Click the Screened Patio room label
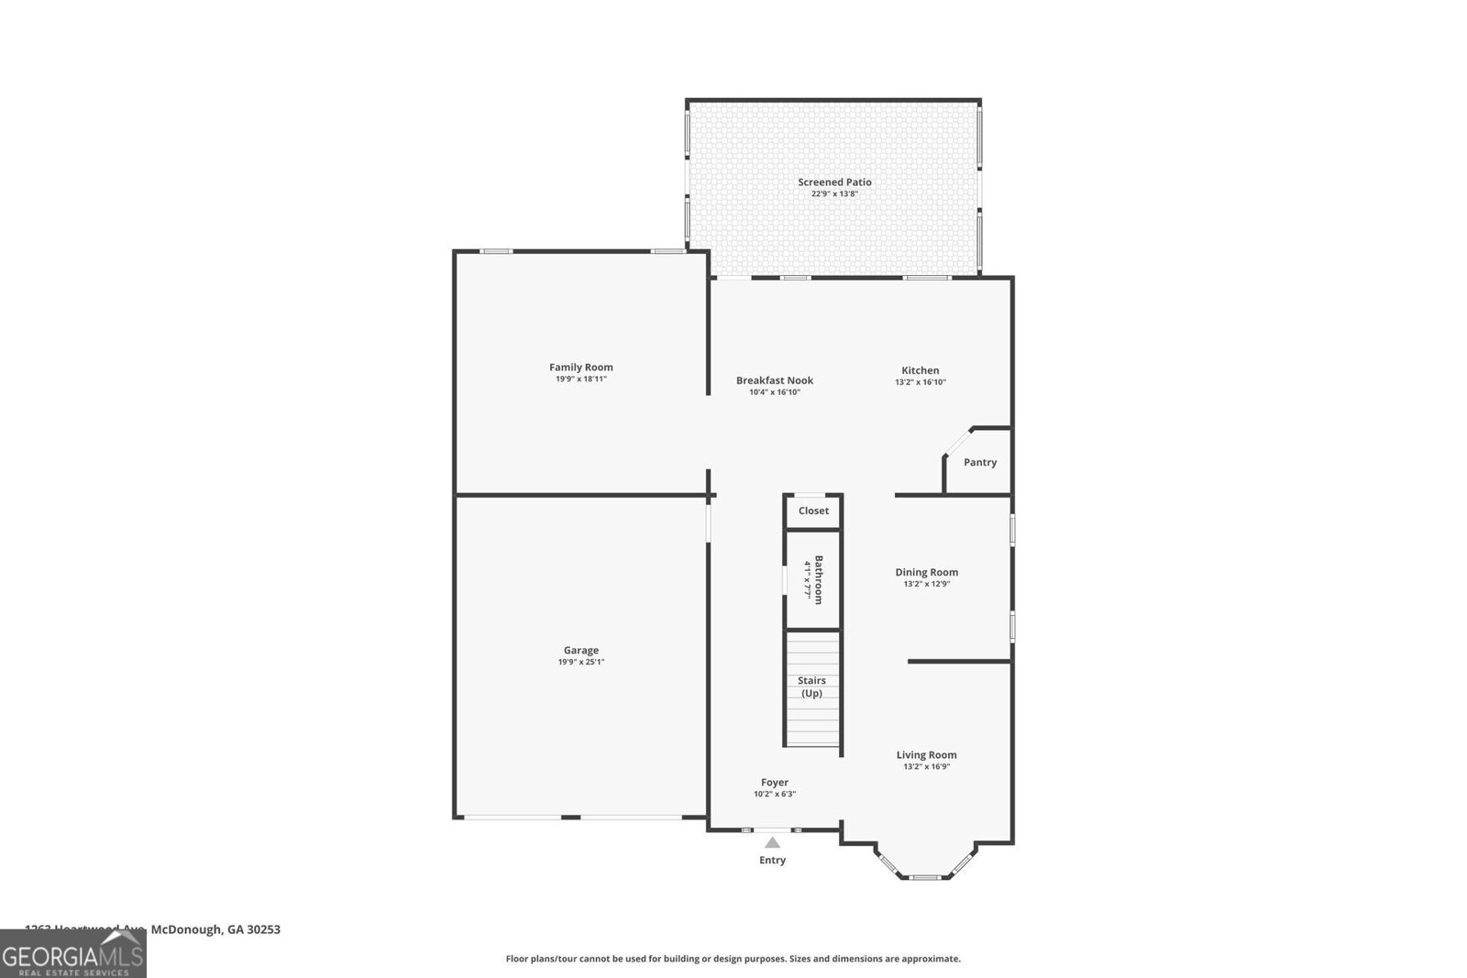point(834,182)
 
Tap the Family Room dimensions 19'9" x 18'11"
point(581,379)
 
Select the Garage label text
point(581,650)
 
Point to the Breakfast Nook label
point(775,380)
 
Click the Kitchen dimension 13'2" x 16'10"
point(921,382)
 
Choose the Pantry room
point(979,462)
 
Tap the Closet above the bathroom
point(813,511)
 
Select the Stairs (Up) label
point(811,687)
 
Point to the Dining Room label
point(926,572)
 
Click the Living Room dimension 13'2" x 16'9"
point(926,767)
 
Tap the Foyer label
point(775,782)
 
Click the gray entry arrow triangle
point(773,842)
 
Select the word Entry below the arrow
point(772,860)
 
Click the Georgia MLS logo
point(73,954)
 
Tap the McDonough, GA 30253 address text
point(215,929)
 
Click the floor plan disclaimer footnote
point(733,959)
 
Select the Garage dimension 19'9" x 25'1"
point(581,662)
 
